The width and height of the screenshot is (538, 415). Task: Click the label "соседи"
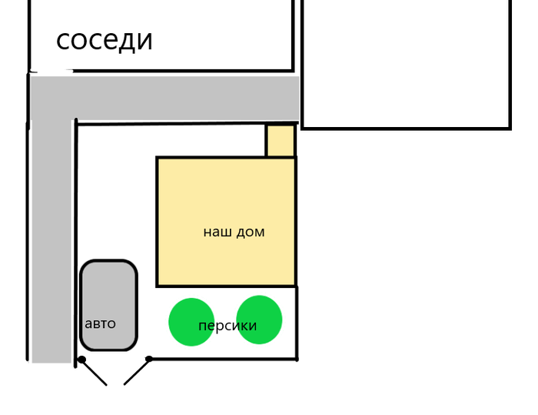coord(105,40)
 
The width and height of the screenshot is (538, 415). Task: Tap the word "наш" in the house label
coord(215,232)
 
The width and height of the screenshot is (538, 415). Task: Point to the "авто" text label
coord(100,323)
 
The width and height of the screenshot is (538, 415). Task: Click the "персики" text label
coord(227,326)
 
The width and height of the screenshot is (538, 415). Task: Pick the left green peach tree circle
coord(191,321)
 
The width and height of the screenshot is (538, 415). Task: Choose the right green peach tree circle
coord(260,319)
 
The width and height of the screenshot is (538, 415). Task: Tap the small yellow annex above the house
coord(281,141)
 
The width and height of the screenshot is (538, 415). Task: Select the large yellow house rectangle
coord(226,200)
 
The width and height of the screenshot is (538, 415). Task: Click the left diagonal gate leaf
coord(94,372)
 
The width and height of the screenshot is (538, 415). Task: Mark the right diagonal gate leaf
coord(136,372)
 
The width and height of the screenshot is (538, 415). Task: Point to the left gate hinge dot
coord(81,360)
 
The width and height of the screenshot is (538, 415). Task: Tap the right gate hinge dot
coord(148,360)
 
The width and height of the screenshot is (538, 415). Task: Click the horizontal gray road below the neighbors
coord(177,98)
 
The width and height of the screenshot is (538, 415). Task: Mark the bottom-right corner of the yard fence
coord(297,359)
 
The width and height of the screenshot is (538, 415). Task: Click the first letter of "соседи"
coord(62,41)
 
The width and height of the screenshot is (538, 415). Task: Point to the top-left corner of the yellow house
coord(158,159)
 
